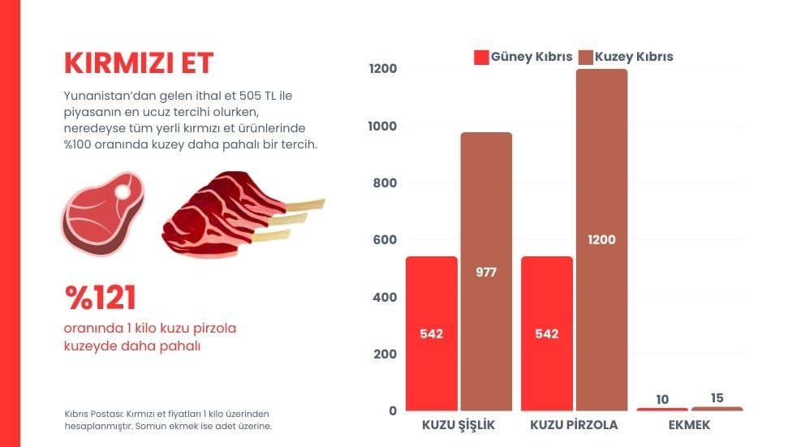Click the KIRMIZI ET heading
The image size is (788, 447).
[139, 62]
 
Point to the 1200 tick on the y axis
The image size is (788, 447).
[382, 69]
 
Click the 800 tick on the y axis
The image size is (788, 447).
[384, 183]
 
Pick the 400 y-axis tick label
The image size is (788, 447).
[384, 298]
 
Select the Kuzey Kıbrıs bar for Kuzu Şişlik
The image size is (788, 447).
[486, 271]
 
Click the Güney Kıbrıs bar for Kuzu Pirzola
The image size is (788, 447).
[547, 333]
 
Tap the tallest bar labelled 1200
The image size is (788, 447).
[602, 239]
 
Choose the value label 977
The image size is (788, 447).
[486, 273]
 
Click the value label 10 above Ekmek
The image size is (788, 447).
[662, 399]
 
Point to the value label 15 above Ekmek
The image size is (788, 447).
[717, 398]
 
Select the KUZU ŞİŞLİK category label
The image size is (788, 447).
[459, 425]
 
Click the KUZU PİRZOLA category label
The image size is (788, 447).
[574, 425]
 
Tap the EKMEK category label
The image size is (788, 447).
[689, 425]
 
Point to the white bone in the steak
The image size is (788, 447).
[123, 192]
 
